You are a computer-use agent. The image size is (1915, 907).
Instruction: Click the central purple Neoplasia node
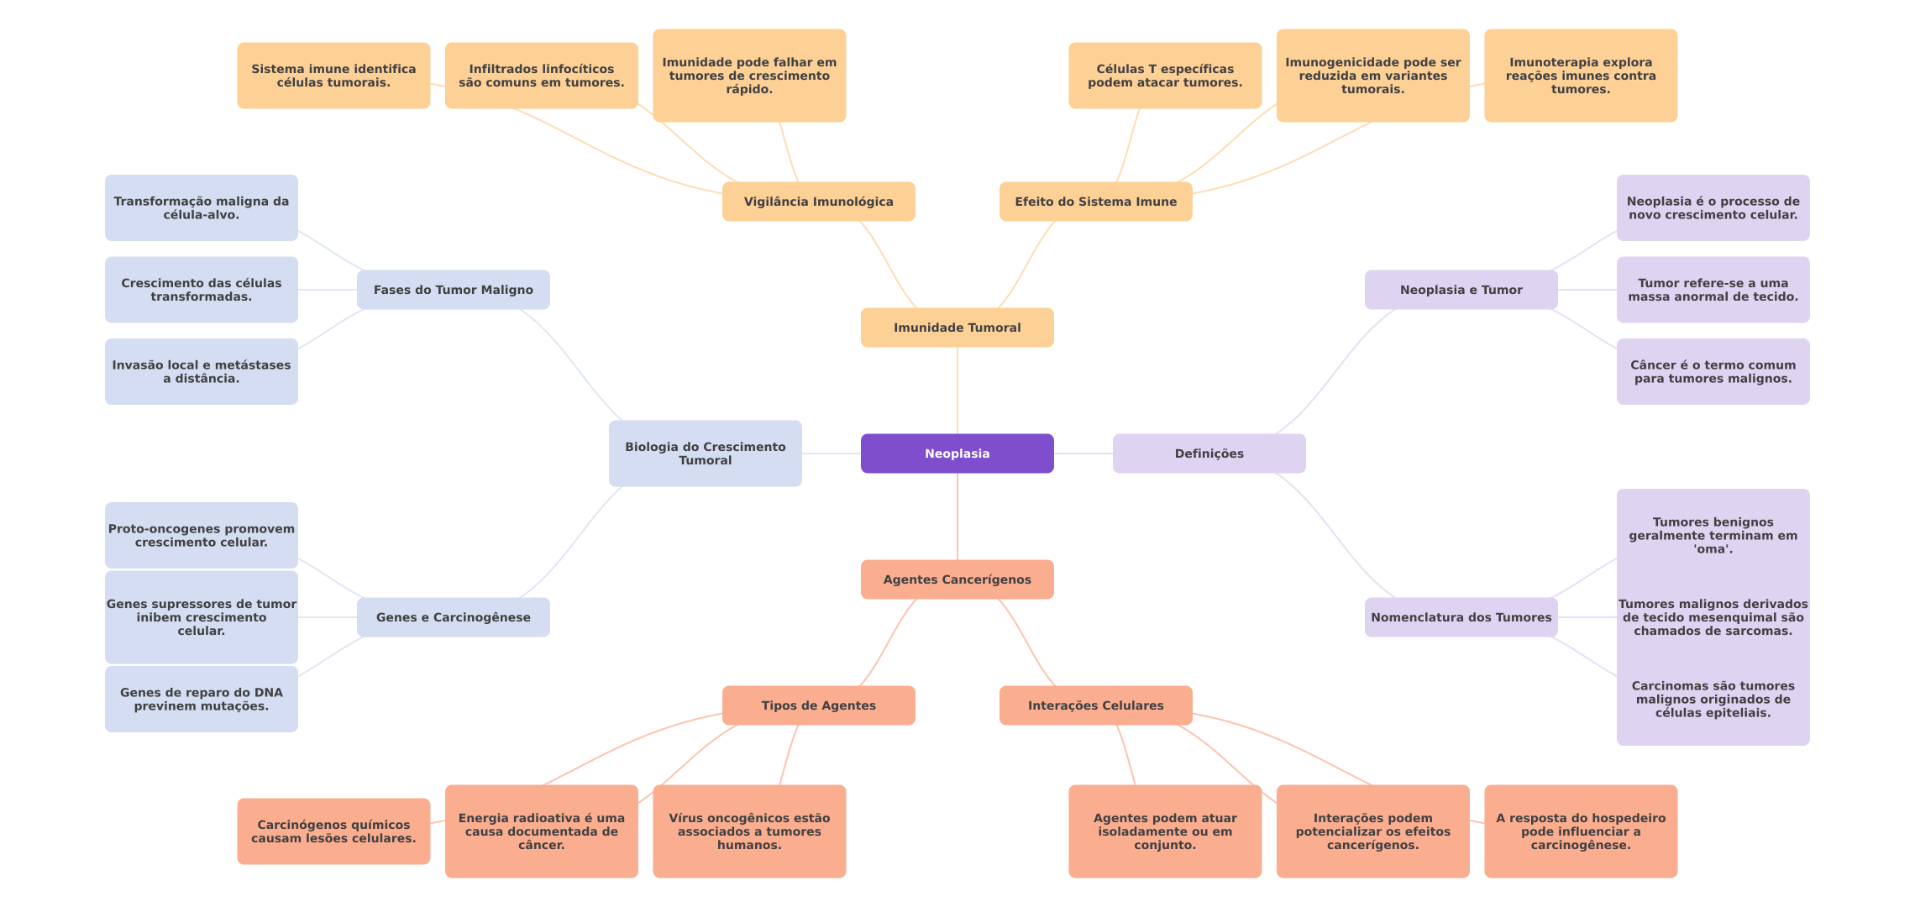tap(957, 453)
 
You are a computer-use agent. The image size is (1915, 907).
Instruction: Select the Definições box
tap(1209, 453)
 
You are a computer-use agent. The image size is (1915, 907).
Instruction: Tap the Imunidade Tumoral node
tap(957, 328)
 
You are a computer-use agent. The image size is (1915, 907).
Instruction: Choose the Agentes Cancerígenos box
tap(957, 579)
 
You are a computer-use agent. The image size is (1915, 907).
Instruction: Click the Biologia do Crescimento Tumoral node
tap(705, 453)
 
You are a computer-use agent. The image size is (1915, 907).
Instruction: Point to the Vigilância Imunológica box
tap(818, 202)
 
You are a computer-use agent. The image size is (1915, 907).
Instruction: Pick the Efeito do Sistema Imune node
tap(1095, 202)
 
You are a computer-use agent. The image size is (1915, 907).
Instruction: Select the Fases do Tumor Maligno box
tap(453, 290)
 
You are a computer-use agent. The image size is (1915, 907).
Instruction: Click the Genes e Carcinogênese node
tap(453, 617)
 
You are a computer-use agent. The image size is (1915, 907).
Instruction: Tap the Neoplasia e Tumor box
tap(1461, 290)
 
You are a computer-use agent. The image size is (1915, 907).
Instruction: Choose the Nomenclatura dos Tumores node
tap(1461, 617)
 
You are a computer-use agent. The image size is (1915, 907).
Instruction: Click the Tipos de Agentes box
tap(818, 705)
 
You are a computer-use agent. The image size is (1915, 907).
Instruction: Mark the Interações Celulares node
tap(1095, 705)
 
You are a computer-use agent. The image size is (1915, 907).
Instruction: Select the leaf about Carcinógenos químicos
tap(333, 831)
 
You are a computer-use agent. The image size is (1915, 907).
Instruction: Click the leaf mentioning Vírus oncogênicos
tap(749, 831)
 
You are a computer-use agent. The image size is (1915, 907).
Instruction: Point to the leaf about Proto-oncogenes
tap(202, 536)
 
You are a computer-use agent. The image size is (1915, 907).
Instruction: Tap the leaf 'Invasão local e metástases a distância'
tap(202, 372)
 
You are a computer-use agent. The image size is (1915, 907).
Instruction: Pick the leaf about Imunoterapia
tap(1581, 76)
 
